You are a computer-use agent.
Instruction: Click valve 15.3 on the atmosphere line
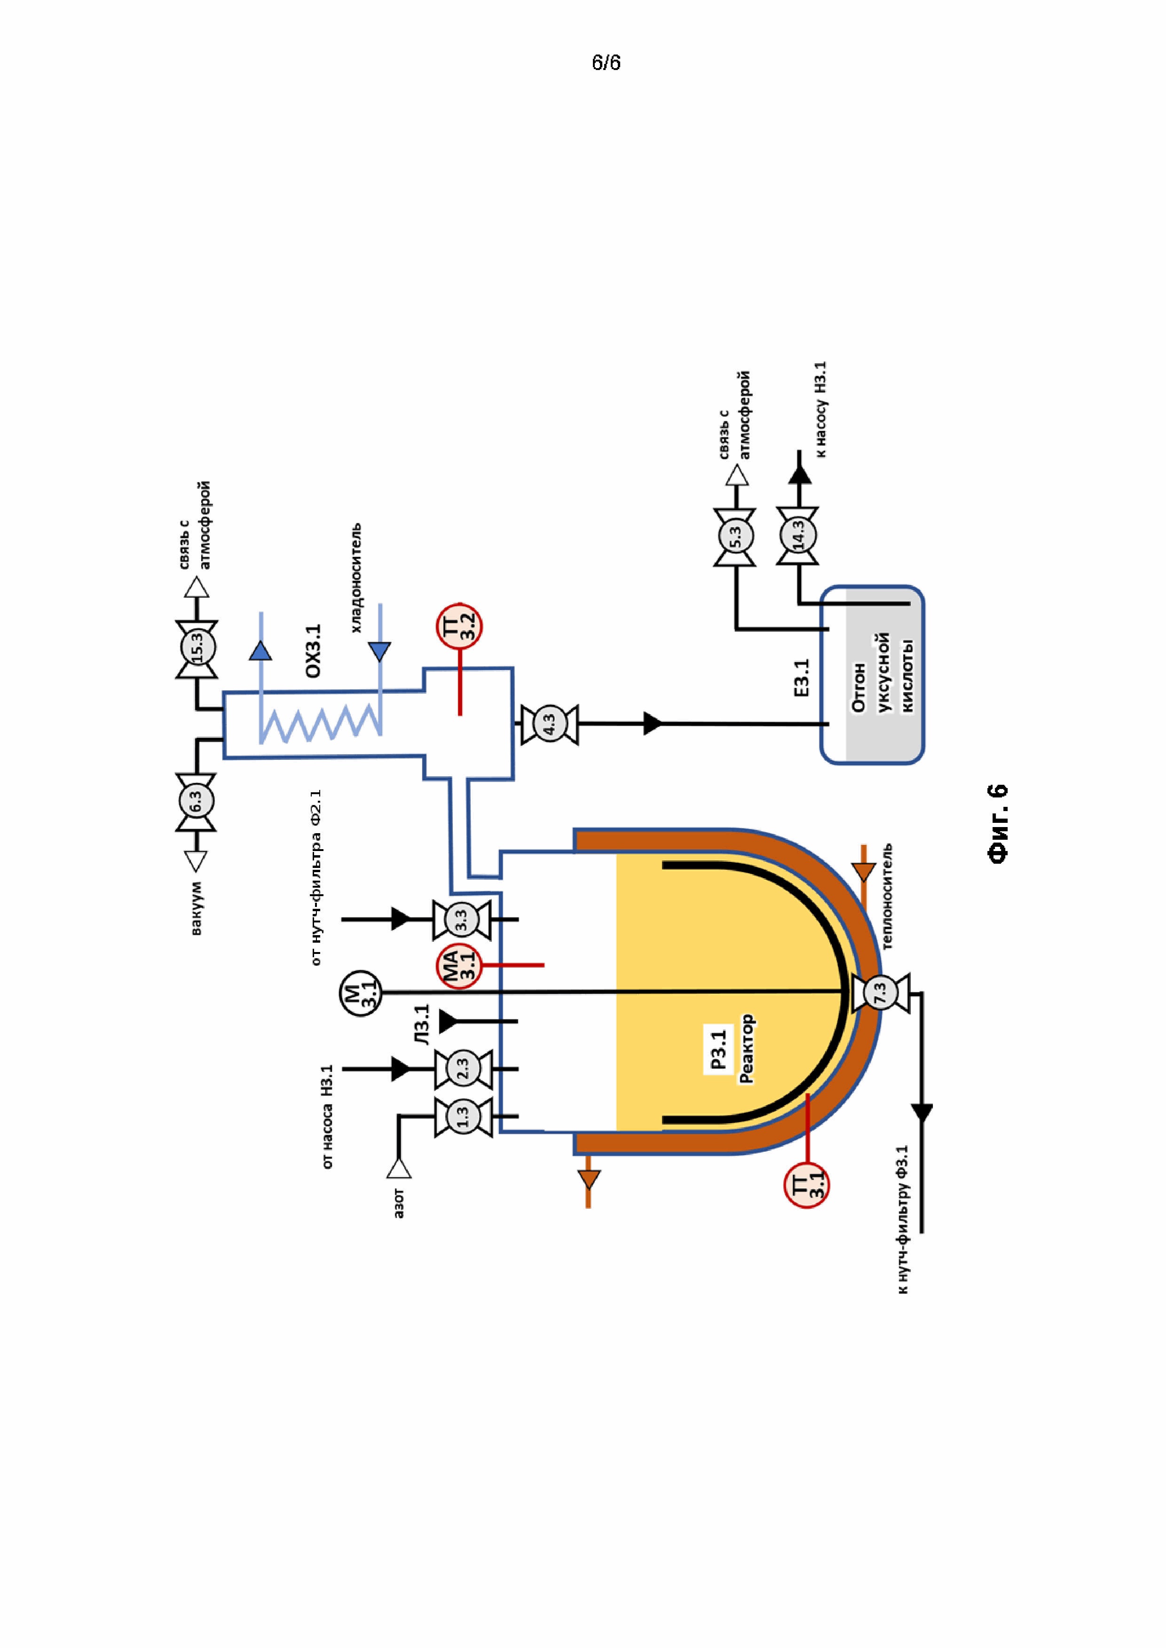(196, 649)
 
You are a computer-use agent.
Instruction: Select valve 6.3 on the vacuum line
(196, 803)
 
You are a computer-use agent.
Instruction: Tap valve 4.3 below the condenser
(549, 724)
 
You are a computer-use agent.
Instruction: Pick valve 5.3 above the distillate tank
(734, 537)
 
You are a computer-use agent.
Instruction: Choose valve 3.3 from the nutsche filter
(462, 919)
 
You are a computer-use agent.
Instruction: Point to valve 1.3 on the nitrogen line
(463, 1117)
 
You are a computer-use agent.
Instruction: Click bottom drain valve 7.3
(880, 992)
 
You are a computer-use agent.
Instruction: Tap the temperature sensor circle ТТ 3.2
(459, 626)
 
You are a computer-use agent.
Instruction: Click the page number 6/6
(606, 63)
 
